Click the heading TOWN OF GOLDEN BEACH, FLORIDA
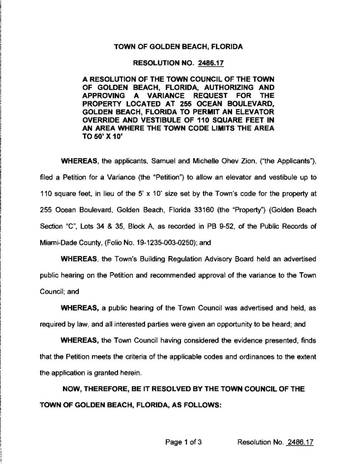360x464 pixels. coord(178,46)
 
